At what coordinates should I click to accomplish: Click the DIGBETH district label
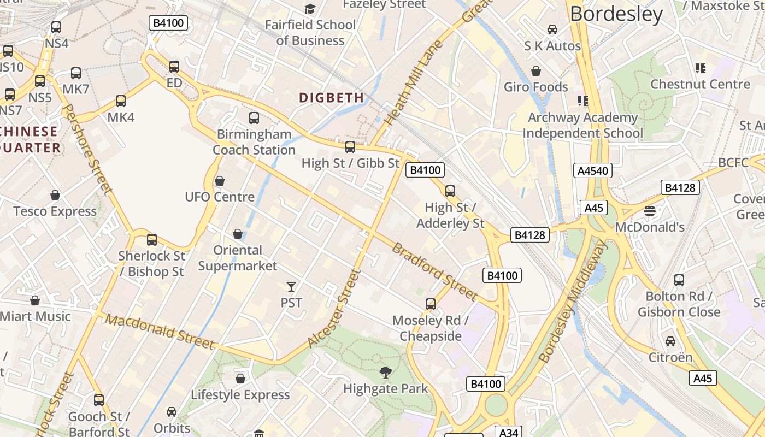(x=331, y=98)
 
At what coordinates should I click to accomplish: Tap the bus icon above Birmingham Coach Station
(x=254, y=118)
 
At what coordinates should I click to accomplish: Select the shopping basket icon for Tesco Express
(x=55, y=195)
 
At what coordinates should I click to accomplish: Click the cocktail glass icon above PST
(x=291, y=286)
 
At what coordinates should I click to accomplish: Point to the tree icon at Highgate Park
(x=386, y=373)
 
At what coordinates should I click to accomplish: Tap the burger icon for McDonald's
(x=650, y=211)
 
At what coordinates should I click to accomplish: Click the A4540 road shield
(x=593, y=170)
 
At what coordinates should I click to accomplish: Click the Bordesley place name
(x=616, y=14)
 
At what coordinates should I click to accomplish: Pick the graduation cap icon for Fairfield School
(x=310, y=9)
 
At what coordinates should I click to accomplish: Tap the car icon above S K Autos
(x=552, y=29)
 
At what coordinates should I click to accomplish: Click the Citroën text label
(x=670, y=357)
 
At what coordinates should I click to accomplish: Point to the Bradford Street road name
(x=435, y=271)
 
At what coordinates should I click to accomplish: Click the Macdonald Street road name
(x=160, y=332)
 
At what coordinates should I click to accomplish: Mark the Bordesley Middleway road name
(x=572, y=302)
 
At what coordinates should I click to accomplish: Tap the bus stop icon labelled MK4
(x=121, y=101)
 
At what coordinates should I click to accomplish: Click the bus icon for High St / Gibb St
(x=350, y=147)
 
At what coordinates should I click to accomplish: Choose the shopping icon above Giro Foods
(x=536, y=71)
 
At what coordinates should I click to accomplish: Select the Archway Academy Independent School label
(x=582, y=125)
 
